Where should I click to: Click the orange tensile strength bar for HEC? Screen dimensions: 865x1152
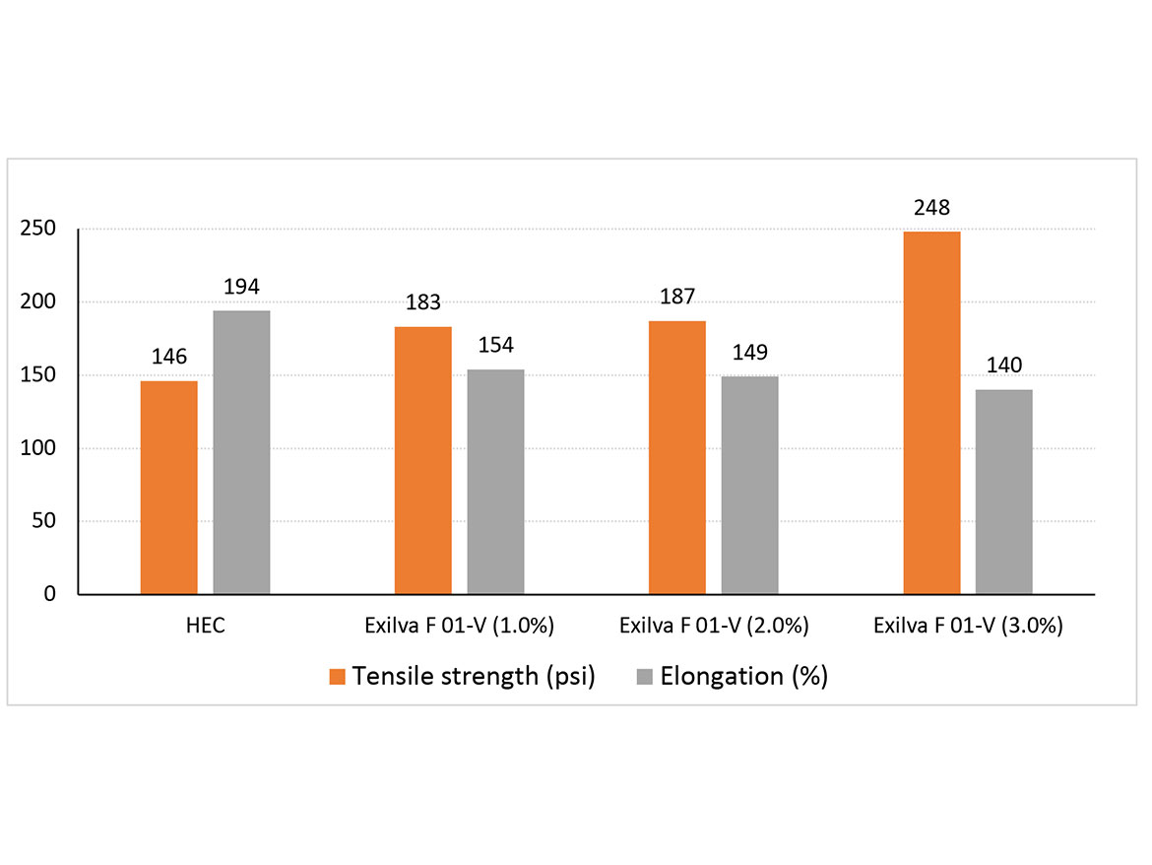(x=168, y=488)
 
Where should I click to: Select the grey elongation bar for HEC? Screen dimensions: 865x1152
(x=241, y=453)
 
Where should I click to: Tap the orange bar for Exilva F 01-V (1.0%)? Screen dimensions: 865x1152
(x=422, y=460)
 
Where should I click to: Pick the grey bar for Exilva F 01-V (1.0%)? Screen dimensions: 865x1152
(x=495, y=482)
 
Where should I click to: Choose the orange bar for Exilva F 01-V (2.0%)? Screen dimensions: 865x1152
(x=677, y=458)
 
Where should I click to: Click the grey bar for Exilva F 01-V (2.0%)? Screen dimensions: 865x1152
(x=749, y=485)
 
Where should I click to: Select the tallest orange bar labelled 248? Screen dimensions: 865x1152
(x=931, y=413)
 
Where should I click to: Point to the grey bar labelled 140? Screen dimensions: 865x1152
(x=1004, y=492)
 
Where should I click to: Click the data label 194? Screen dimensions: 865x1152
(x=241, y=288)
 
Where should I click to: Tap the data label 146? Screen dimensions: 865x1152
(x=168, y=357)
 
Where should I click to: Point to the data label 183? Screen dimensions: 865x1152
(x=422, y=303)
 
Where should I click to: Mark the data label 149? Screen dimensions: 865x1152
(x=749, y=353)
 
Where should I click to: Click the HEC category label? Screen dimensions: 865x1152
(x=205, y=627)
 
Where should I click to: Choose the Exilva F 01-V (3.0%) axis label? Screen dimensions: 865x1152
(x=968, y=627)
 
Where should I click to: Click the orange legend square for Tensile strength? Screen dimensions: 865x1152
(x=338, y=677)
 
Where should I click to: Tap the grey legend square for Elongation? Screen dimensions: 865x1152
(x=645, y=677)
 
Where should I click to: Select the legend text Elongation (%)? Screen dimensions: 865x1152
(x=743, y=677)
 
